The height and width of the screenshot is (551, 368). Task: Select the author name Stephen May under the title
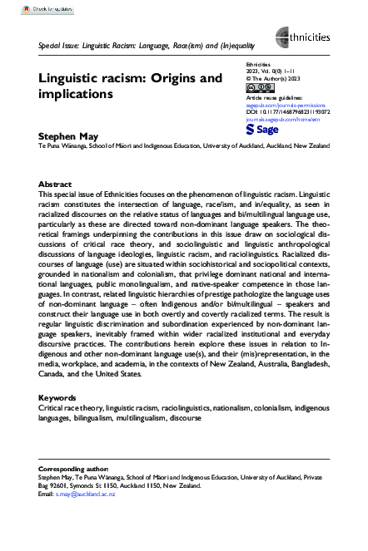click(63, 134)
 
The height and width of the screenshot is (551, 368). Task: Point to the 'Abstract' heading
click(56, 184)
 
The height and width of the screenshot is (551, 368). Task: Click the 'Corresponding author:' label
click(73, 469)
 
